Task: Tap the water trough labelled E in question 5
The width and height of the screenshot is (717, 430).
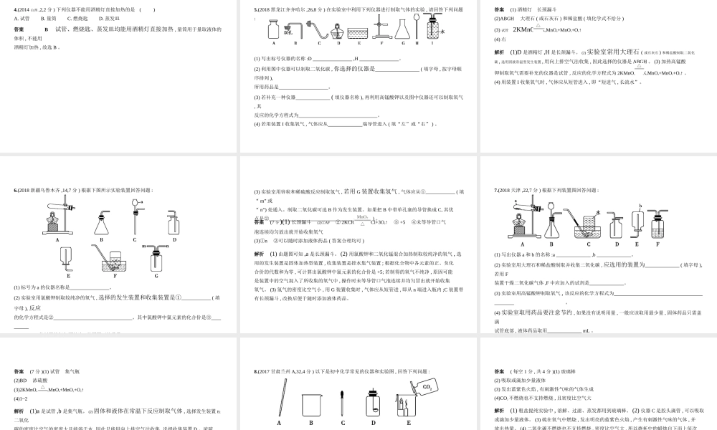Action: click(356, 32)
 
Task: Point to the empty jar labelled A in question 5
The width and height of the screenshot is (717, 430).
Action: click(272, 30)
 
